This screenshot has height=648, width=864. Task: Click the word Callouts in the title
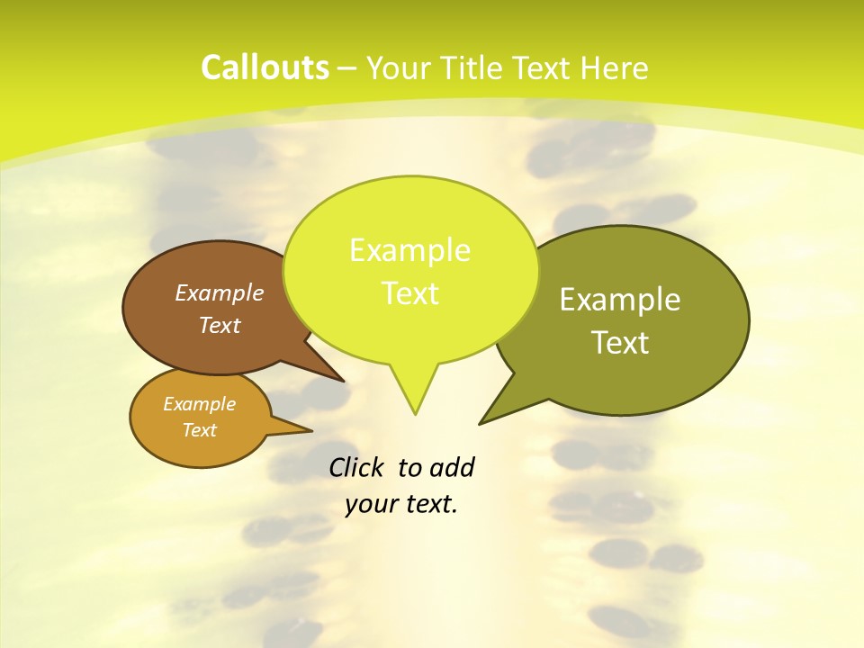[x=265, y=67]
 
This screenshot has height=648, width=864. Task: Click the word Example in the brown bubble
[x=220, y=292]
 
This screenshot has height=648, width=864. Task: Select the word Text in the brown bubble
[x=220, y=325]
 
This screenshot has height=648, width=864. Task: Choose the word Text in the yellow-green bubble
[x=409, y=292]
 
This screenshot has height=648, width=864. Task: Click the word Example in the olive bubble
[x=620, y=300]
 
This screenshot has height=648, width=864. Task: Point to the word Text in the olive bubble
[x=620, y=343]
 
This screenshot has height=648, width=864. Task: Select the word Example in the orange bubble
[x=199, y=404]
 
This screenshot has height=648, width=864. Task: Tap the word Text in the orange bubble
[x=199, y=430]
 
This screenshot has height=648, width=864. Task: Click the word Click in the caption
[x=358, y=467]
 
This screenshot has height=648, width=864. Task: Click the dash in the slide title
[x=347, y=67]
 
